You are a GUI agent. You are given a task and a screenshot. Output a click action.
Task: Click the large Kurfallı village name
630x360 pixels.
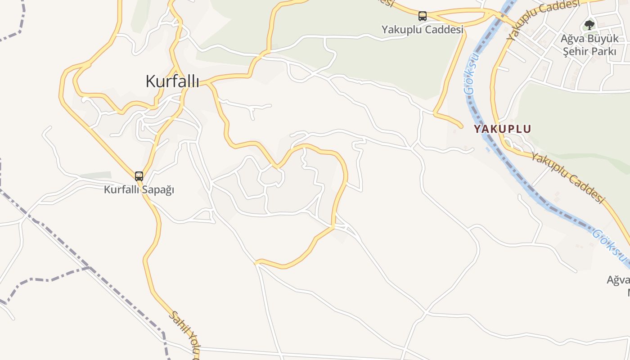click(x=172, y=81)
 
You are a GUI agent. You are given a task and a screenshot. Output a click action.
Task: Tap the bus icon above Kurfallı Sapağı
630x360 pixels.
click(x=139, y=176)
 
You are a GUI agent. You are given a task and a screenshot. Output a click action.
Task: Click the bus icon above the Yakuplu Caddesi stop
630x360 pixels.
click(x=422, y=16)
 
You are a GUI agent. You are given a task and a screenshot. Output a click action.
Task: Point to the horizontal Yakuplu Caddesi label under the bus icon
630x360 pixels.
click(x=422, y=30)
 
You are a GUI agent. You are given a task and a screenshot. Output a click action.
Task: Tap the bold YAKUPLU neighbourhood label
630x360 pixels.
click(x=502, y=129)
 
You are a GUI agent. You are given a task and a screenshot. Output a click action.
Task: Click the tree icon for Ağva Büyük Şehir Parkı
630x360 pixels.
click(x=589, y=25)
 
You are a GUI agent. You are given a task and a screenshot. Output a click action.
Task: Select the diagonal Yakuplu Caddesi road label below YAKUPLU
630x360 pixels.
click(x=567, y=177)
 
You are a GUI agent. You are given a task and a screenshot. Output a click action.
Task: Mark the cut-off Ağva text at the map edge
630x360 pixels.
click(x=618, y=280)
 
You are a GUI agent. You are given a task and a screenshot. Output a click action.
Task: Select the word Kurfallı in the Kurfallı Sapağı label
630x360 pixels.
click(x=122, y=189)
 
